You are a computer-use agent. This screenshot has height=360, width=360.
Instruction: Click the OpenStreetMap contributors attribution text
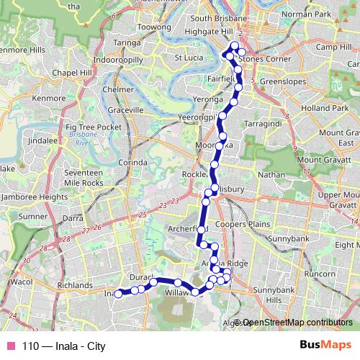[x=297, y=323]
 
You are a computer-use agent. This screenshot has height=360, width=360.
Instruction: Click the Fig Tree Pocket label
[x=94, y=127]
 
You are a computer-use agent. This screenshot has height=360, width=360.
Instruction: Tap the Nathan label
[x=270, y=174]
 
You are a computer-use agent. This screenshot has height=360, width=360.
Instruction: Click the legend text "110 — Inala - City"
[x=63, y=346]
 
